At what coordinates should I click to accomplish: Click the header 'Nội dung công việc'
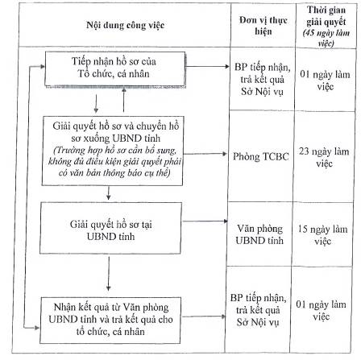coord(125,25)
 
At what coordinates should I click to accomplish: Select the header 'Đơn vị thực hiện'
coord(263,26)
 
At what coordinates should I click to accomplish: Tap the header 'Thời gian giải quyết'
coord(326,16)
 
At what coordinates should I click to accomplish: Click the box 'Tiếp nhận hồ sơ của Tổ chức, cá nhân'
coord(115,69)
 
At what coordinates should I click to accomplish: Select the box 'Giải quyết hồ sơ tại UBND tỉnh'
coord(110,228)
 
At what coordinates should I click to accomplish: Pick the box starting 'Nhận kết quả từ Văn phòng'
coord(110,320)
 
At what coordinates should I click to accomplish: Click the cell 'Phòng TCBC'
coord(261,156)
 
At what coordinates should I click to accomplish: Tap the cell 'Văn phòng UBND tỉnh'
coord(259,234)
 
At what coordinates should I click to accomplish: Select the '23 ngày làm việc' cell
coord(324,157)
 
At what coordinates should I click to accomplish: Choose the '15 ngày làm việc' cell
coord(322,234)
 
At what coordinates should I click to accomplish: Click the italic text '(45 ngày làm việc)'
coord(326,39)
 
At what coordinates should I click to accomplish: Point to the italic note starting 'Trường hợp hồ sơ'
coord(114,162)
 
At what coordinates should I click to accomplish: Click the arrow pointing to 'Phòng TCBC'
coord(205,154)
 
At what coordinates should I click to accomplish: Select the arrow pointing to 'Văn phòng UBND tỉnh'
coord(205,221)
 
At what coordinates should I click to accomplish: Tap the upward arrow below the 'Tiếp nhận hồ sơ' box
coord(124,100)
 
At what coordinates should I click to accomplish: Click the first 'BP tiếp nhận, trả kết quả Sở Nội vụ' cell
coord(263,80)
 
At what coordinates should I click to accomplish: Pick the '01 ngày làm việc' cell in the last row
coord(321,310)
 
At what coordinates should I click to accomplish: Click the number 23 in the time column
coord(304,151)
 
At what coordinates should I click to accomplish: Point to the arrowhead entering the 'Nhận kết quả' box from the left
coord(37,328)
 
